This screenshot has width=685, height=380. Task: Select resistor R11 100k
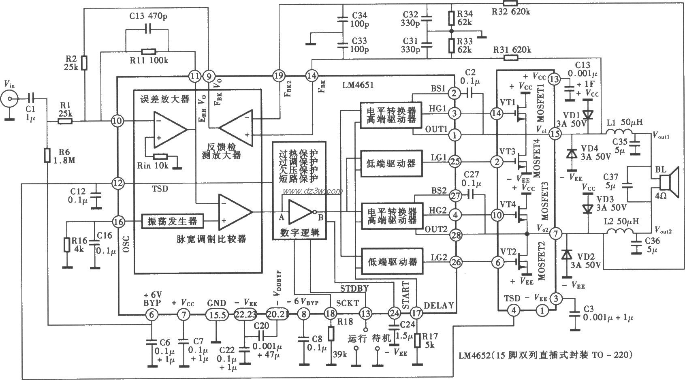(148, 51)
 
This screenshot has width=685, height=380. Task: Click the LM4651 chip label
(358, 85)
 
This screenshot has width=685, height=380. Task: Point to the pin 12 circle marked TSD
(118, 183)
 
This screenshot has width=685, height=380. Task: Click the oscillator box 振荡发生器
(172, 221)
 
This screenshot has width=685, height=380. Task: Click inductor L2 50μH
(619, 232)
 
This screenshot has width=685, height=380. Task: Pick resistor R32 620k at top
(511, 3)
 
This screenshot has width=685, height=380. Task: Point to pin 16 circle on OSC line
(118, 222)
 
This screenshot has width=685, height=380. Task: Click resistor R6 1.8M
(47, 155)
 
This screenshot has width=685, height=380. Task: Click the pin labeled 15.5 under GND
(216, 314)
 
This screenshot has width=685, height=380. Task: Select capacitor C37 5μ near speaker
(627, 185)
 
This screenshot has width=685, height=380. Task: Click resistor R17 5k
(418, 340)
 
